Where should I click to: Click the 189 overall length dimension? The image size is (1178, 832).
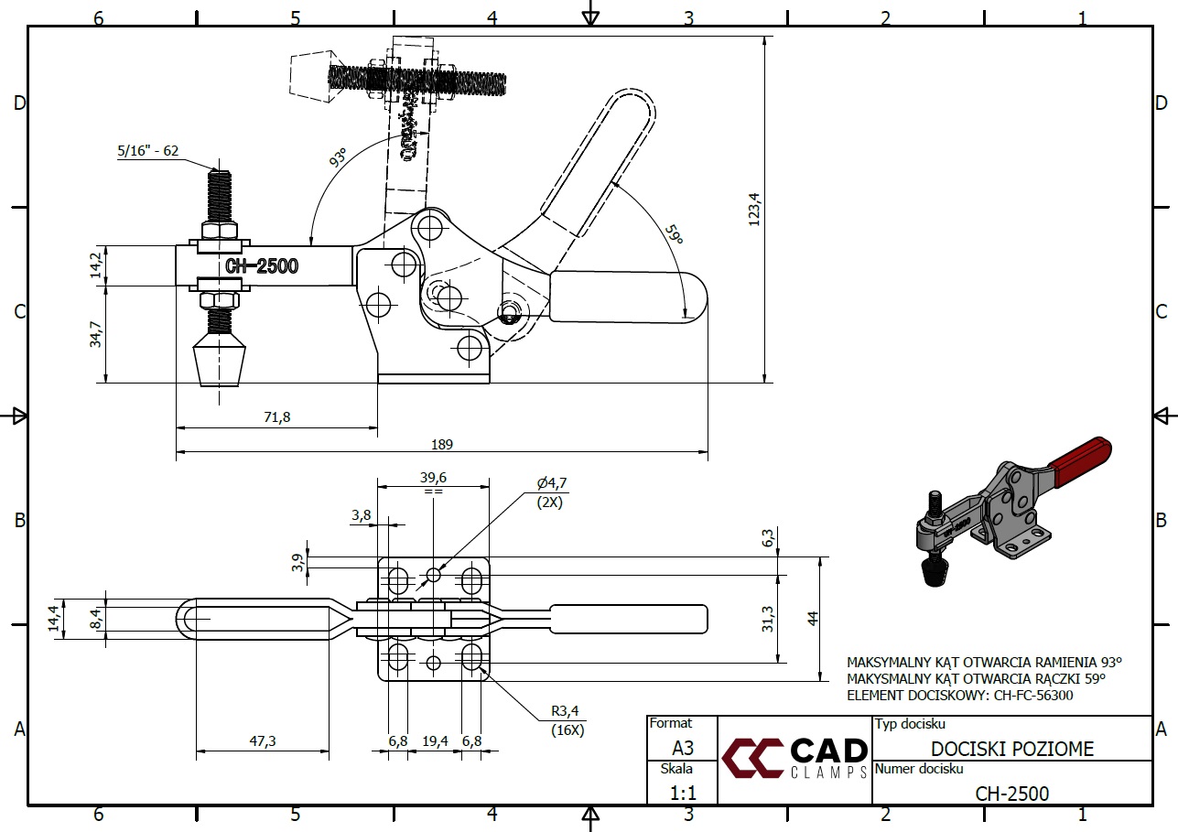[x=443, y=444]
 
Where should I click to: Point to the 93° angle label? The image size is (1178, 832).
[x=338, y=159]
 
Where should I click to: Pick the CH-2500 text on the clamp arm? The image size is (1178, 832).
[x=261, y=266]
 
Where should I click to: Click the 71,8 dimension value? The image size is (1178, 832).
[x=276, y=417]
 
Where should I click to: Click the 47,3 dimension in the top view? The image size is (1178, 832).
[x=262, y=742]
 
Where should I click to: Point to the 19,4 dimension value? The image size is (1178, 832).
[x=435, y=740]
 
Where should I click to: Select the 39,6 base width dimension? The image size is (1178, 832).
[x=433, y=477]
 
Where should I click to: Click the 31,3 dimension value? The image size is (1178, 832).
[x=768, y=619]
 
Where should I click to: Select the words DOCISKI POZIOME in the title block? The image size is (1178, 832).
[x=1012, y=750]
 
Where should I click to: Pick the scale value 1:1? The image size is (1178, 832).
[x=681, y=793]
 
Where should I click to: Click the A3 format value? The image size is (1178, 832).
[x=682, y=748]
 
